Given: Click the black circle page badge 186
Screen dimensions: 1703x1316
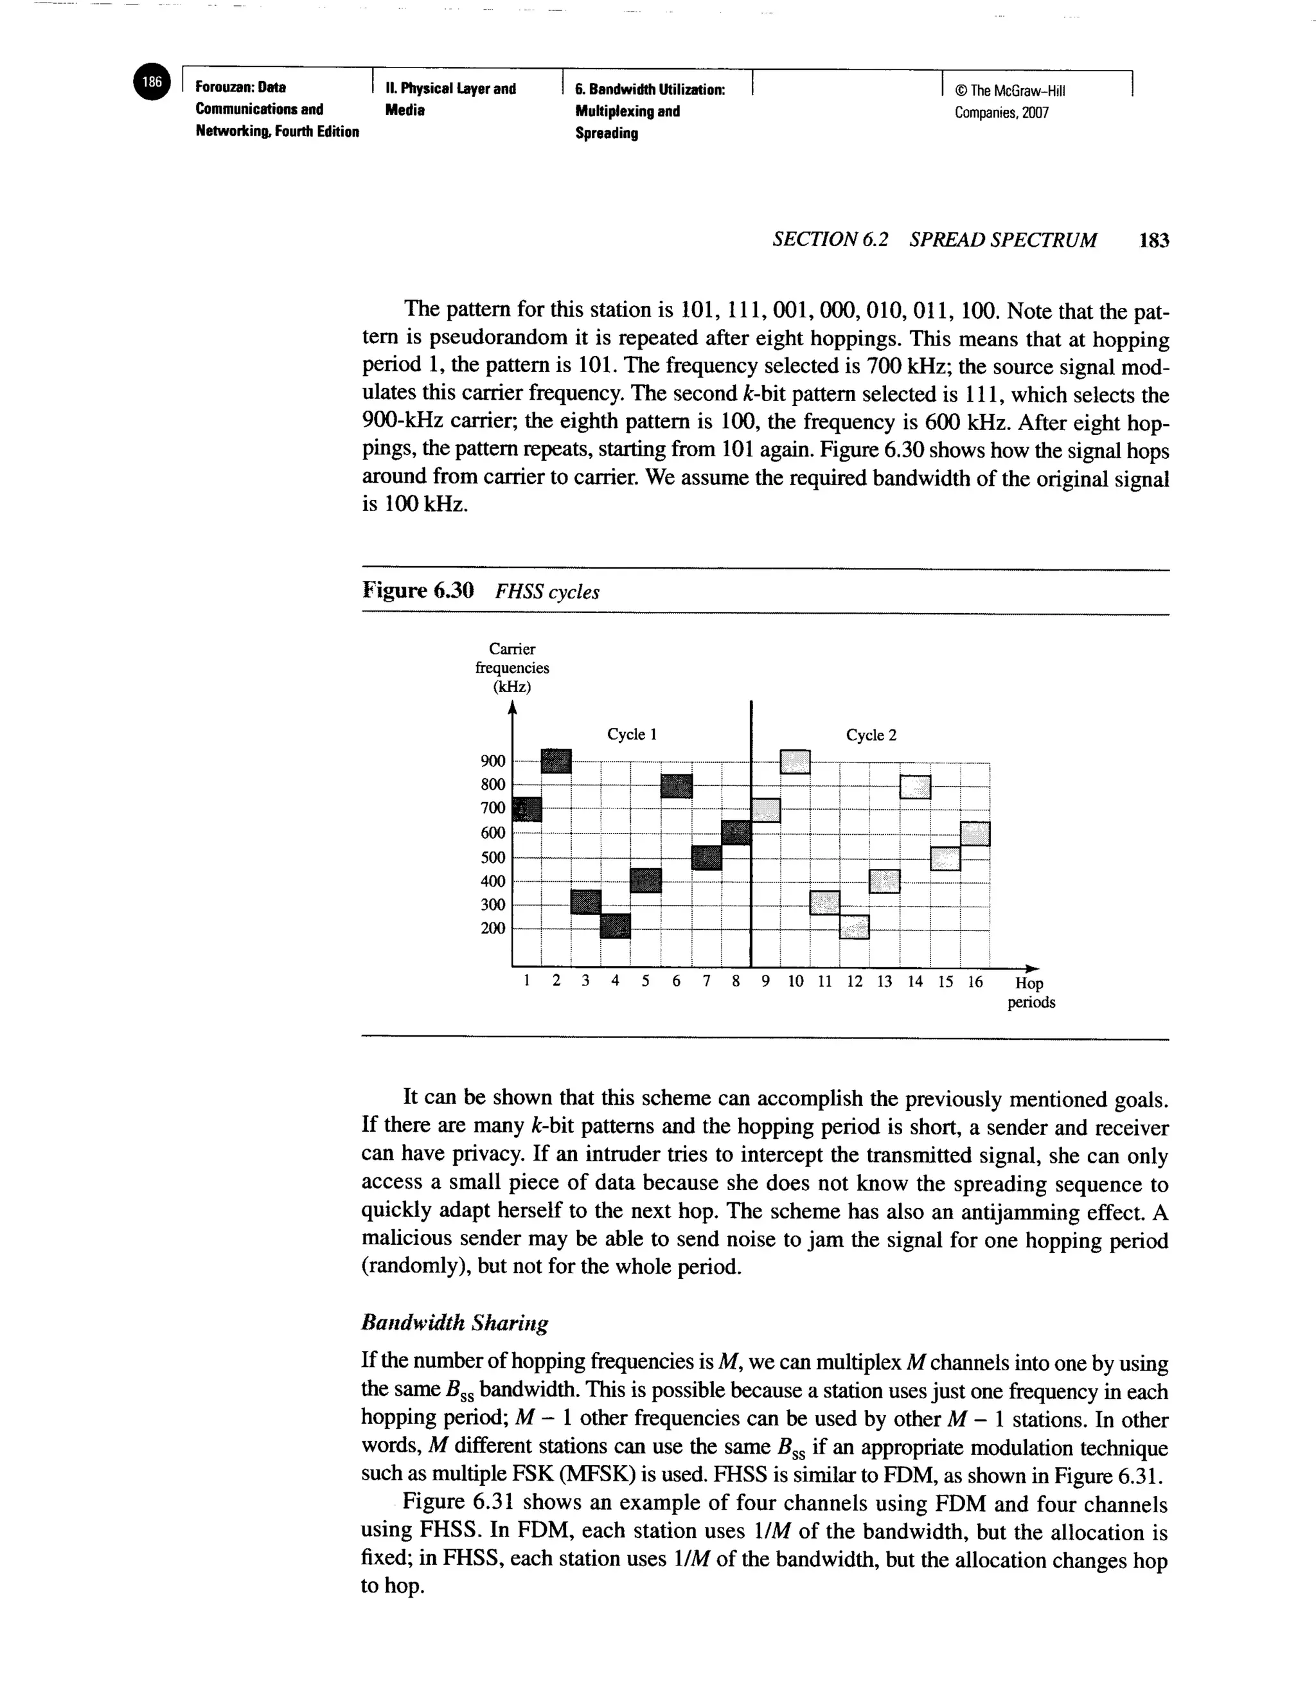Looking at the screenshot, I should (x=152, y=83).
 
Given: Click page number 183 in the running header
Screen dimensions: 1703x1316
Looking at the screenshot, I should (x=1154, y=240).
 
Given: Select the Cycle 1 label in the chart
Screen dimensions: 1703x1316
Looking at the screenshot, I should (x=632, y=735).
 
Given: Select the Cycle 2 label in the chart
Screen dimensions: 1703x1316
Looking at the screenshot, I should (x=871, y=735).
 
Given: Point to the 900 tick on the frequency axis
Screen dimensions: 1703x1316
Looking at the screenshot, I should (x=493, y=761).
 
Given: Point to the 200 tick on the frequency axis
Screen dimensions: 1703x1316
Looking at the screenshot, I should (x=493, y=928).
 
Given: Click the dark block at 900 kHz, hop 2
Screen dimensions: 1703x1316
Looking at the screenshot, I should (x=556, y=761).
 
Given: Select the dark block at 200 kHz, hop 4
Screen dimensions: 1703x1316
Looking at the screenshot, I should (x=615, y=926).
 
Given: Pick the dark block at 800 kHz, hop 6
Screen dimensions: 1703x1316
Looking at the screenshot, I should (x=676, y=786).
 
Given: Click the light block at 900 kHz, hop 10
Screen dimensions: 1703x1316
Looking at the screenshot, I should (x=796, y=761).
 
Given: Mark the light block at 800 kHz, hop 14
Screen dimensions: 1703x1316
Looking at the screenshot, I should (x=915, y=787).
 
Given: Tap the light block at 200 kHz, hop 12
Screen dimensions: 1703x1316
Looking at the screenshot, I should (x=855, y=926).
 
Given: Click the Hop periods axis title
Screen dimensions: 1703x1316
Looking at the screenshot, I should (x=1031, y=993).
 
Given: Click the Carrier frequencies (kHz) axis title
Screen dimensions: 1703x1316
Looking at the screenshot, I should (x=511, y=668).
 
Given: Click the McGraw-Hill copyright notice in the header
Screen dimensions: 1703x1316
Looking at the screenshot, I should (x=1011, y=102).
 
